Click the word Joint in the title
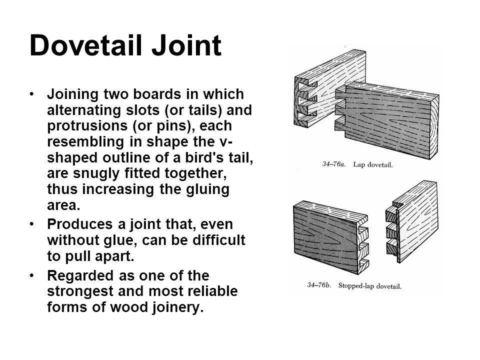pyautogui.click(x=186, y=45)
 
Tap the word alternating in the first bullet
pyautogui.click(x=84, y=110)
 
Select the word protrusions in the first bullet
pyautogui.click(x=87, y=126)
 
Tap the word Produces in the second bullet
pyautogui.click(x=80, y=224)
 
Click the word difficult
pyautogui.click(x=218, y=240)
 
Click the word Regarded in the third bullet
pyautogui.click(x=80, y=275)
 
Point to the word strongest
pyautogui.click(x=80, y=291)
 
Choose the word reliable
pyautogui.click(x=212, y=291)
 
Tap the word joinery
pyautogui.click(x=177, y=307)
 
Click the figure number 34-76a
pyautogui.click(x=333, y=164)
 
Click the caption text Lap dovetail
pyautogui.click(x=372, y=164)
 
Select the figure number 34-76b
pyautogui.click(x=319, y=285)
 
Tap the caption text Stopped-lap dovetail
pyautogui.click(x=369, y=286)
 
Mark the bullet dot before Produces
pyautogui.click(x=32, y=224)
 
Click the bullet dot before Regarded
pyautogui.click(x=32, y=275)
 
